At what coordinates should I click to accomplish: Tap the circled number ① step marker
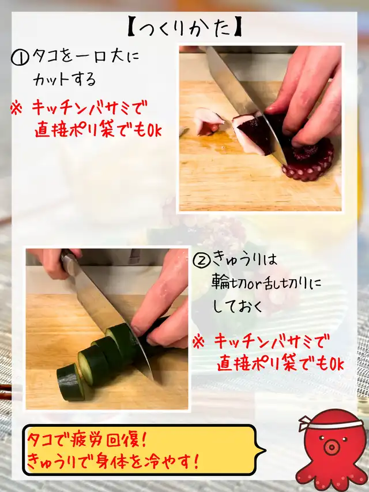click(20, 58)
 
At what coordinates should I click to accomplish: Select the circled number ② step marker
click(201, 260)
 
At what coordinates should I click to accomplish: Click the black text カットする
click(65, 80)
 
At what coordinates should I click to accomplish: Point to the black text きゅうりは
click(244, 259)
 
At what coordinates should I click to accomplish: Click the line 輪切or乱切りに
click(266, 283)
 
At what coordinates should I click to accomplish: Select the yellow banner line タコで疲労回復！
click(87, 441)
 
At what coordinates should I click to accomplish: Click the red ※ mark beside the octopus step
click(17, 108)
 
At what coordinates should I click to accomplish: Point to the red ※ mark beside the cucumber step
click(198, 342)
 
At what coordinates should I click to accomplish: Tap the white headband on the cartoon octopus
click(329, 423)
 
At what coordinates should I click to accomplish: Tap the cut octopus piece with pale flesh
click(209, 121)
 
